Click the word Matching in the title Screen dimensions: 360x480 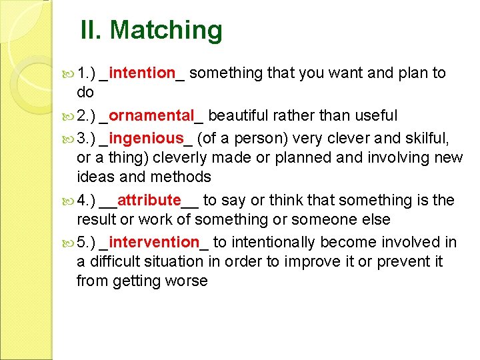(x=166, y=30)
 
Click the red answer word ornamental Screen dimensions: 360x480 (x=151, y=115)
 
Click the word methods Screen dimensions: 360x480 (x=183, y=177)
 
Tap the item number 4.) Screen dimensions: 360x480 (x=87, y=200)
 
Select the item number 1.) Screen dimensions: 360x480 (x=87, y=73)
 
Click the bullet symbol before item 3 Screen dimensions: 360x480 (x=69, y=139)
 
